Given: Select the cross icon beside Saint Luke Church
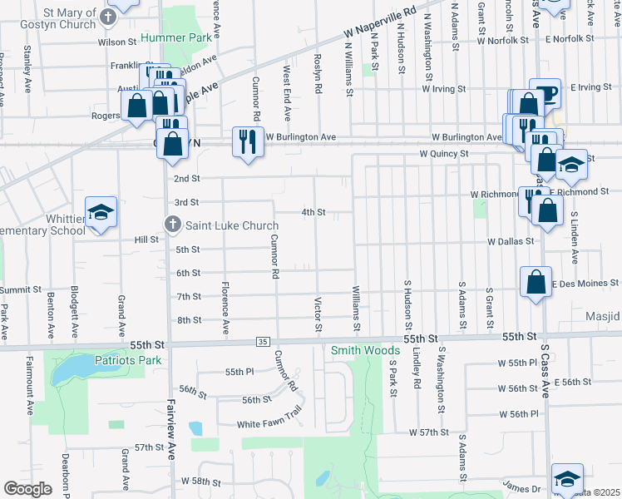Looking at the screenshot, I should point(171,223).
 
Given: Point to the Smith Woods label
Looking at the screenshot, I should point(365,350).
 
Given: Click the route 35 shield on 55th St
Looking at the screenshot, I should point(263,342).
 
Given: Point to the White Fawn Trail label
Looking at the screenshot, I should point(268,423).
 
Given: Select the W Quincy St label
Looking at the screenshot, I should point(443,154).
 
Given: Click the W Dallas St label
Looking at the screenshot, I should point(511,241).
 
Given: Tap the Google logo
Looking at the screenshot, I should point(28,489).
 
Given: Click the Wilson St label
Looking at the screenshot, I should point(117,41).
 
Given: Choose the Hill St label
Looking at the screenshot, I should point(146,240).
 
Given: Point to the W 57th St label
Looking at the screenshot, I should point(428,432).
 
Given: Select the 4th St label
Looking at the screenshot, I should point(313,212).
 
